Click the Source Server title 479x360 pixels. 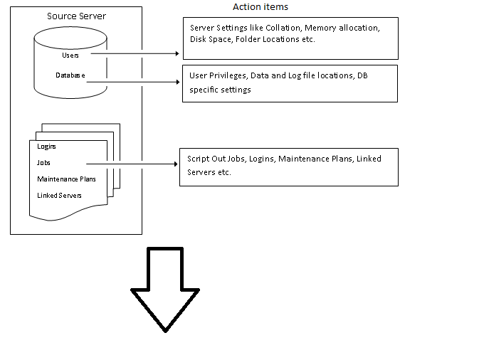(75, 16)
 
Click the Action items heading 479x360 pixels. (260, 6)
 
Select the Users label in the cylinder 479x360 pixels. (71, 54)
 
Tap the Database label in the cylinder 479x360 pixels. (70, 75)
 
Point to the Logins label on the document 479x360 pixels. (47, 146)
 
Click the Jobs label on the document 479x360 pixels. (44, 162)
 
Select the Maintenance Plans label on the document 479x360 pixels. (66, 179)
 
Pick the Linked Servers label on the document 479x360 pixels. (59, 195)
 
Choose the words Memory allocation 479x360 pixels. (342, 28)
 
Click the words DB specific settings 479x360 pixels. (220, 90)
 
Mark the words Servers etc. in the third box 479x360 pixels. (209, 173)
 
